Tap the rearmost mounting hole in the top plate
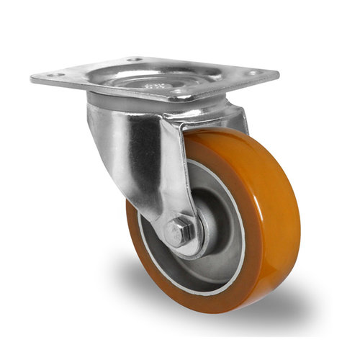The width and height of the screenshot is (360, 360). click(135, 60)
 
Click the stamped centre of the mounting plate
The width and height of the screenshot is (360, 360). click(153, 81)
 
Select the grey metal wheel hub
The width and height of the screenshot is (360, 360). click(216, 238)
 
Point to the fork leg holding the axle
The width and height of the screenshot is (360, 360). click(169, 173)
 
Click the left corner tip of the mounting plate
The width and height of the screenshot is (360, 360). click(32, 78)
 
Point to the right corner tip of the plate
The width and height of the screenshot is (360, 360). click(278, 74)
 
